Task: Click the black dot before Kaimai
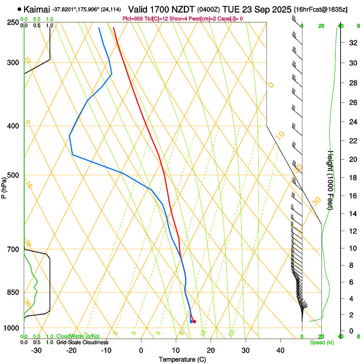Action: (19, 9)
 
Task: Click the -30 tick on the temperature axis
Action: (36, 350)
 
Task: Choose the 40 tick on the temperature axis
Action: (280, 350)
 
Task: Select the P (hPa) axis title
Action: (4, 187)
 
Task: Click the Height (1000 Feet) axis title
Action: (331, 180)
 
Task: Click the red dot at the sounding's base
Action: (194, 322)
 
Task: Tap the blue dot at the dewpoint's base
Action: (191, 322)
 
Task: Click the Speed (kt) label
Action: (321, 342)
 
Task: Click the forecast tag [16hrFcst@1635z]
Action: (320, 9)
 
